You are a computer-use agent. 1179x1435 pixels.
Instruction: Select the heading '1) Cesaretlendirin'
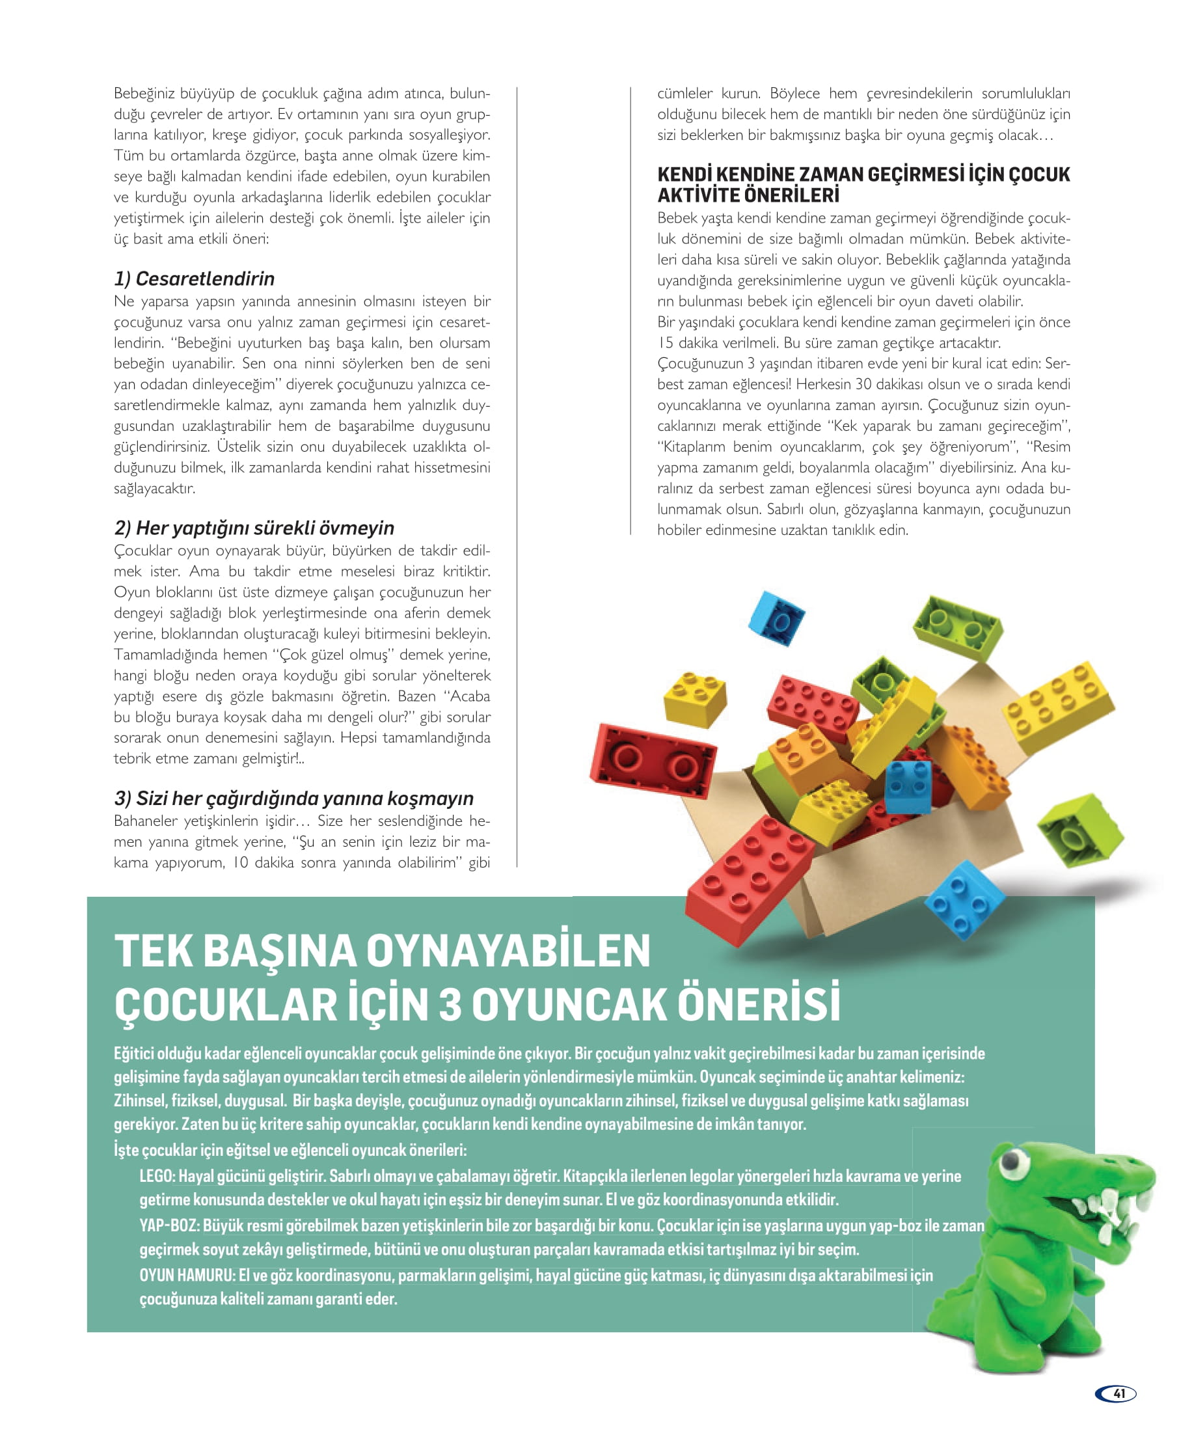click(195, 279)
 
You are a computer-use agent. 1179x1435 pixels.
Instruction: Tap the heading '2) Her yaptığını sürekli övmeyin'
click(254, 528)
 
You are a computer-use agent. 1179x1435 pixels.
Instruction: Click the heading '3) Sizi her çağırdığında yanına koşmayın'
click(293, 798)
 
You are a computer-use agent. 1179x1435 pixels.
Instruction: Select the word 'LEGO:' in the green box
click(157, 1176)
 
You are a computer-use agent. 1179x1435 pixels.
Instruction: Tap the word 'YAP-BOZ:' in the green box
click(170, 1226)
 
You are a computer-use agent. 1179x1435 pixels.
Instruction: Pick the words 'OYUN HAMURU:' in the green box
click(187, 1276)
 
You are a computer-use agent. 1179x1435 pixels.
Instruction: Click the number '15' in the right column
click(666, 343)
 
